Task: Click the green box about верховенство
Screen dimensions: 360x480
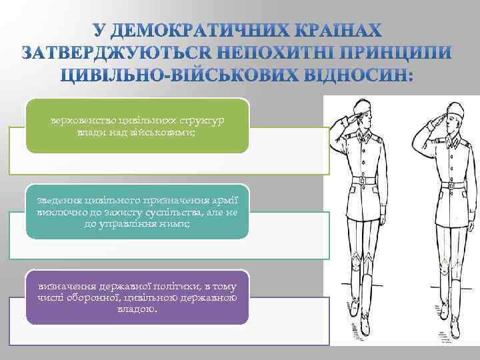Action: click(x=137, y=125)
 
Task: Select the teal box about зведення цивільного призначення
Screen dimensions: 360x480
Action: click(x=137, y=211)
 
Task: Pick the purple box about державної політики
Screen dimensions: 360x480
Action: click(x=137, y=297)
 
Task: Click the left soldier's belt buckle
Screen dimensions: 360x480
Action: click(x=363, y=181)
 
